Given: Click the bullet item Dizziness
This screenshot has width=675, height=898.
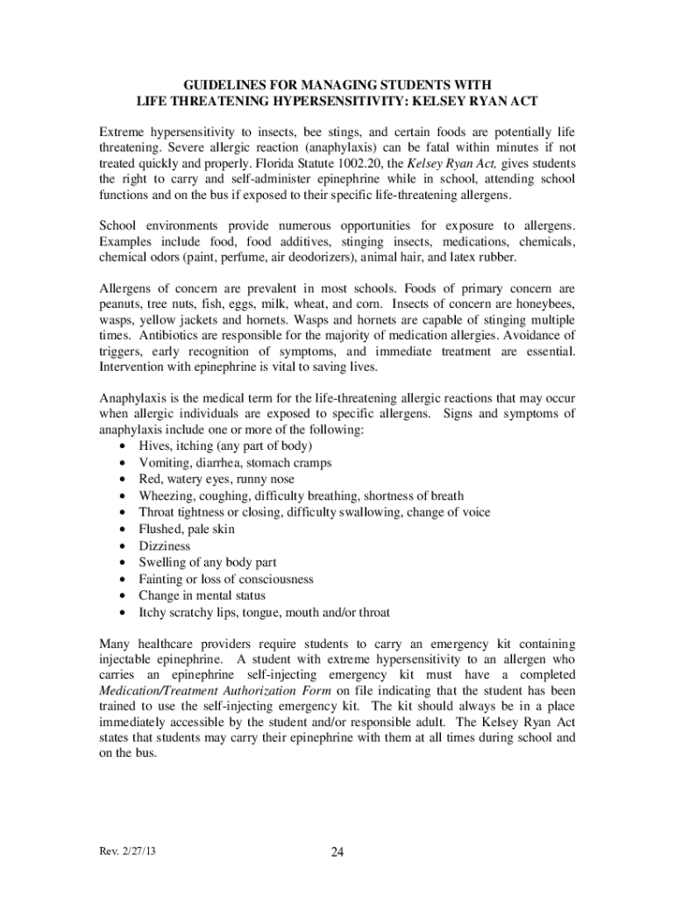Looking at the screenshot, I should [164, 545].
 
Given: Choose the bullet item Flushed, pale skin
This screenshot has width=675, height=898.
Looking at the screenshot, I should [186, 529].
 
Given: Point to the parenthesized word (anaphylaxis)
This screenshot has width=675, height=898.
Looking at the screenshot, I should [330, 147].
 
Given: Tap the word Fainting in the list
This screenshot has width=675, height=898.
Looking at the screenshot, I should [162, 579].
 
